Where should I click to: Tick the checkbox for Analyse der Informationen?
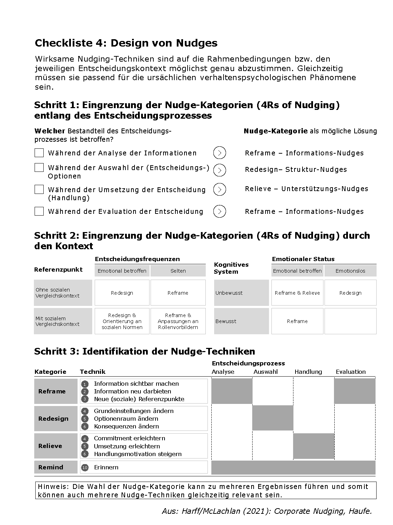pos(39,153)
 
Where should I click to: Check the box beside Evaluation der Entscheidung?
pos(39,211)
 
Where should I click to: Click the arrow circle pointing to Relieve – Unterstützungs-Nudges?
pos(219,189)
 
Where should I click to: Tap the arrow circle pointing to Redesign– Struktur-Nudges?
pos(219,170)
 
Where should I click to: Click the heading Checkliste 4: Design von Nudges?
pos(126,43)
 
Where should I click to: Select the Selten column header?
pos(178,271)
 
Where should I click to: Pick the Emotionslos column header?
pos(350,271)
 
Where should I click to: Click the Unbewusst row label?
pos(229,293)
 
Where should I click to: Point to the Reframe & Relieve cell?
pos(297,293)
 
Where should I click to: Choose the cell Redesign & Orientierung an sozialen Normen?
pos(122,321)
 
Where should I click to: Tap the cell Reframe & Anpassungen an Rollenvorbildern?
pos(178,321)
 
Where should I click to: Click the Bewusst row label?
pos(226,321)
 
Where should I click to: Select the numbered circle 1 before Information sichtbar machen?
pos(85,384)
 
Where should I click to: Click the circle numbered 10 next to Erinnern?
pos(85,468)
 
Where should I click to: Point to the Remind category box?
pos(56,467)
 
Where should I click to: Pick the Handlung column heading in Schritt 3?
pos(308,372)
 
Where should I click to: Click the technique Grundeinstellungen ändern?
pos(133,411)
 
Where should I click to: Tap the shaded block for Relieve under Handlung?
pos(314,446)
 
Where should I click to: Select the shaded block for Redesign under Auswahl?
pos(272,418)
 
